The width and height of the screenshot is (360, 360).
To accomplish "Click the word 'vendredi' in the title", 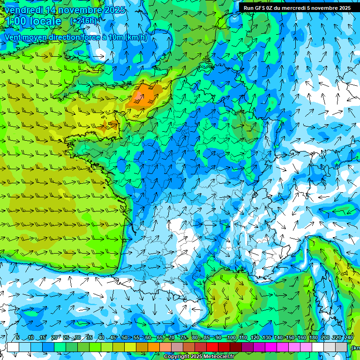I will coord(21,10).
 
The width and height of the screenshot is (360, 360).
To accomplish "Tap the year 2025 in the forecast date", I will coord(113,10).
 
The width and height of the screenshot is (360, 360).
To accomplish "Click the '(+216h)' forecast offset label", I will coord(83,21).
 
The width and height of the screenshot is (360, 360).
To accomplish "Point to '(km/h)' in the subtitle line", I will coord(136,37).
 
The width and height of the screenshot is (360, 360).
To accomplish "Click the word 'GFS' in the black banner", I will coord(259,8).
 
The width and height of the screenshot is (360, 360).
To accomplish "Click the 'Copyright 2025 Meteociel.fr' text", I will coord(199,357).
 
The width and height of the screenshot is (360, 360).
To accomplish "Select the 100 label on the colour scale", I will coord(231,338).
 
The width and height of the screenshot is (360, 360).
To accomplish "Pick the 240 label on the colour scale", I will coord(349,338).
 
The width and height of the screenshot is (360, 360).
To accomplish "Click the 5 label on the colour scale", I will coord(18,338).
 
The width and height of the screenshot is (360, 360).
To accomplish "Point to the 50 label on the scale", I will coord(125,338).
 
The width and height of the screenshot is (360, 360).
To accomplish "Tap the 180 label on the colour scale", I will coord(314,338).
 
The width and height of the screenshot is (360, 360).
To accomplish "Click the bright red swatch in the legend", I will coord(212,347).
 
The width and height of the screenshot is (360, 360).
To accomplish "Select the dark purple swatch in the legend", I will coord(247,347).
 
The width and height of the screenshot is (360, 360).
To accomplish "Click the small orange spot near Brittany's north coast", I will coord(110,124).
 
